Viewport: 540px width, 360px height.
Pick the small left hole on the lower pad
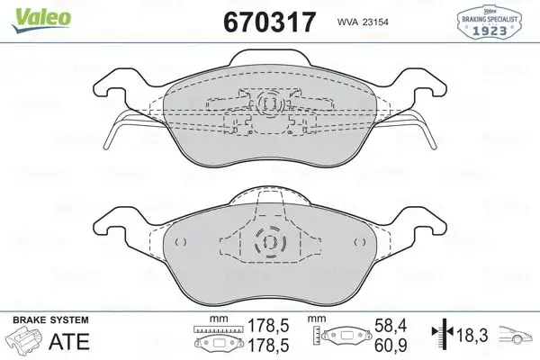click(x=180, y=242)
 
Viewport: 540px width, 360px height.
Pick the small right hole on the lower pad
click(x=357, y=242)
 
